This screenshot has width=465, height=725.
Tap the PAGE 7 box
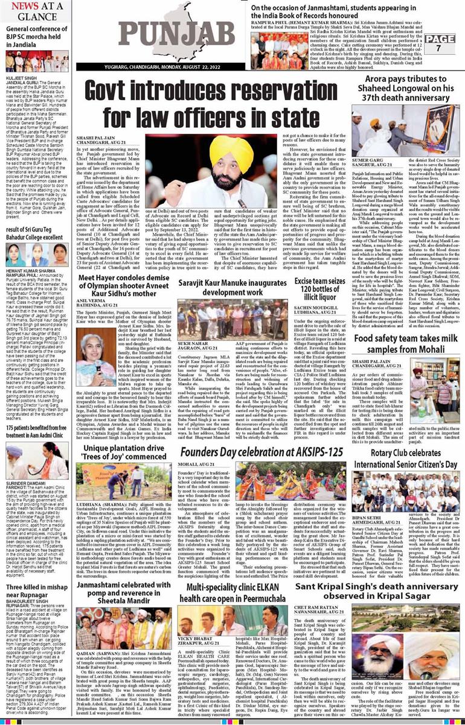tap(444, 43)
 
